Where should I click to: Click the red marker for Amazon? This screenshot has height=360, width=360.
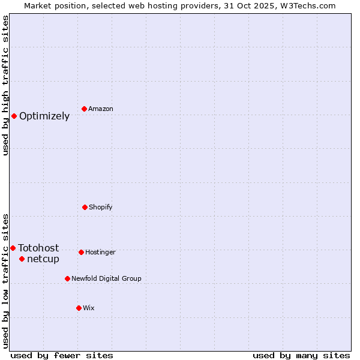[84, 109]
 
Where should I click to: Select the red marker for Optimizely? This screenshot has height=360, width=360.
[14, 116]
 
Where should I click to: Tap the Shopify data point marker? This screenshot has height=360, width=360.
[85, 207]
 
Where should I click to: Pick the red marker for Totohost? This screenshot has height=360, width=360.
[13, 248]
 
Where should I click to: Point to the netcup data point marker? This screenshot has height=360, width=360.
[22, 259]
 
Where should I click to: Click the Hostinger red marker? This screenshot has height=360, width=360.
[81, 252]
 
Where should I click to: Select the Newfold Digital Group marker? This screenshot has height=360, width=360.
[67, 278]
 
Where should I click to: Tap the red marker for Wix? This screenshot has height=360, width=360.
[79, 308]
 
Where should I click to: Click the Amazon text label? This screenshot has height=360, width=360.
[101, 109]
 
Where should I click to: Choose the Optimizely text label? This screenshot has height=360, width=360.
[44, 116]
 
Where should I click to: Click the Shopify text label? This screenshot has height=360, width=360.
[101, 208]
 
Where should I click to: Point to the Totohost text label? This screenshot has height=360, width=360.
[38, 248]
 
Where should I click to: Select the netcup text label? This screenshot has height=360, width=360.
[43, 259]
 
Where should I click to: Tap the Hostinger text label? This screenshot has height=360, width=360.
[100, 253]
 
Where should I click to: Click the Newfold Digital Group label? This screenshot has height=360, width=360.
[106, 279]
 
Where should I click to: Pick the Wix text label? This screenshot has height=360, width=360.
[89, 308]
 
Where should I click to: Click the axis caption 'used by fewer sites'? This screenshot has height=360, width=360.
[62, 355]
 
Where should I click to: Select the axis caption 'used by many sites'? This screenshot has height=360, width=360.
[301, 355]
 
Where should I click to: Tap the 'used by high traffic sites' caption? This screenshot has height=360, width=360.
[6, 85]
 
